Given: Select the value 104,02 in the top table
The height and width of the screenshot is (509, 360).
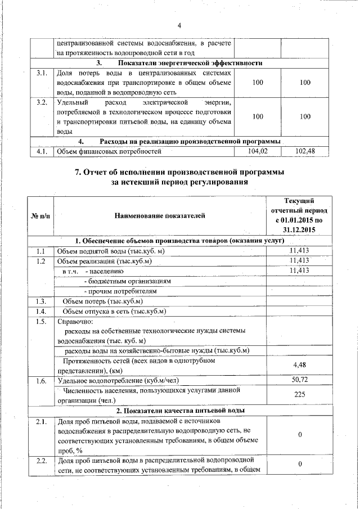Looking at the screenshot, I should point(257,151).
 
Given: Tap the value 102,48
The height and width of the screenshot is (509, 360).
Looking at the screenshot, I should point(305,151).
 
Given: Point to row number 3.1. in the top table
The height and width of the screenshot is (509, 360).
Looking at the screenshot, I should point(41,74).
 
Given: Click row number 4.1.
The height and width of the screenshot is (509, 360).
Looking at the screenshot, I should point(41,151).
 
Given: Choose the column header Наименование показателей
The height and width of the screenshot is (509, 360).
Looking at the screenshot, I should point(159,215).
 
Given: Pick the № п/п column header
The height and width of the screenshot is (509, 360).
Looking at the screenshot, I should point(41,215).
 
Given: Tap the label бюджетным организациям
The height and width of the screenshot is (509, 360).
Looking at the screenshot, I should point(127,281).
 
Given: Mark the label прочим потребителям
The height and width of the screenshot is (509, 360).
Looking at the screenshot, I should point(120,291).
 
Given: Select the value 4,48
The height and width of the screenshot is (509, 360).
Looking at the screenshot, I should point(299,365).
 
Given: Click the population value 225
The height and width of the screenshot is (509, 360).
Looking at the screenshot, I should point(299,395).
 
